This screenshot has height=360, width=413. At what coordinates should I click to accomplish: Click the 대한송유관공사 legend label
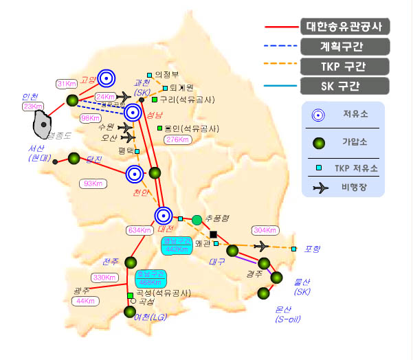point(344,27)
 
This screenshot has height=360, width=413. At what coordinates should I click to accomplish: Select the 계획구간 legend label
point(344,46)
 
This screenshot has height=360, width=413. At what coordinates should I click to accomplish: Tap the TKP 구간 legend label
point(344,66)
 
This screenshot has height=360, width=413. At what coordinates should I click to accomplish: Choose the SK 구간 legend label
point(344,86)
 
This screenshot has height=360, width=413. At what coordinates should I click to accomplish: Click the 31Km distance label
point(66,84)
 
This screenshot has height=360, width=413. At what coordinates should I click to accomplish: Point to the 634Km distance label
point(139,230)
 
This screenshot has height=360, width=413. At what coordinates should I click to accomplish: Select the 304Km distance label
point(265,229)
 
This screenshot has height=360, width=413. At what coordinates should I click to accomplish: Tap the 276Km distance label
point(177,140)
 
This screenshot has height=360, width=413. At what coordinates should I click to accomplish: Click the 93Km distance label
point(90,183)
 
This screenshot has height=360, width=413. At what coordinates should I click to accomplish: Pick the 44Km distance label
point(85,301)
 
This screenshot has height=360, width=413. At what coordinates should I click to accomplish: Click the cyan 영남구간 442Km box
point(177,245)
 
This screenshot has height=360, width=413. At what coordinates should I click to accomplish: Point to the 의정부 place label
point(166,74)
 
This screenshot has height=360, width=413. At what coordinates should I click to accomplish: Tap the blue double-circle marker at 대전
point(164,215)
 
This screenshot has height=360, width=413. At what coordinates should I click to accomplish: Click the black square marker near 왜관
point(213,234)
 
